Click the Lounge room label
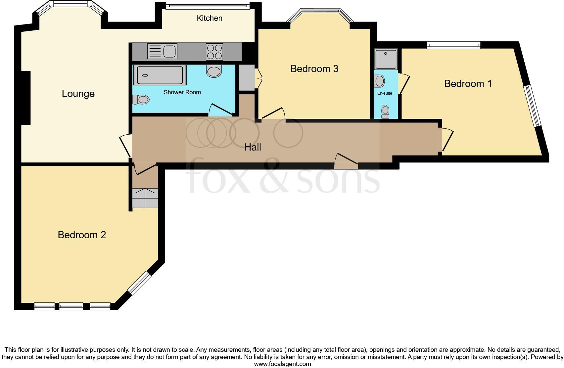pyautogui.click(x=78, y=94)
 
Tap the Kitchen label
pyautogui.click(x=209, y=18)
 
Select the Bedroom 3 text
pyautogui.click(x=314, y=69)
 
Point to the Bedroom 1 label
pyautogui.click(x=468, y=84)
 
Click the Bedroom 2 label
pyautogui.click(x=82, y=235)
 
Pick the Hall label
pyautogui.click(x=253, y=147)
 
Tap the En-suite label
pyautogui.click(x=385, y=93)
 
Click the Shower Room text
pyautogui.click(x=182, y=92)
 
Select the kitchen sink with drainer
pyautogui.click(x=162, y=51)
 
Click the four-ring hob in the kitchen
pyautogui.click(x=214, y=52)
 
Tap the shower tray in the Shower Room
pyautogui.click(x=160, y=75)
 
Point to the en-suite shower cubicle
pyautogui.click(x=386, y=59)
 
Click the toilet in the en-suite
pyautogui.click(x=385, y=112)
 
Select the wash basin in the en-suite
pyautogui.click(x=379, y=81)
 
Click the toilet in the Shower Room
pyautogui.click(x=141, y=99)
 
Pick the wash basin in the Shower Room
pyautogui.click(x=214, y=71)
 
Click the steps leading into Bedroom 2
pyautogui.click(x=145, y=198)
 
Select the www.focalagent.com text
pyautogui.click(x=282, y=364)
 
